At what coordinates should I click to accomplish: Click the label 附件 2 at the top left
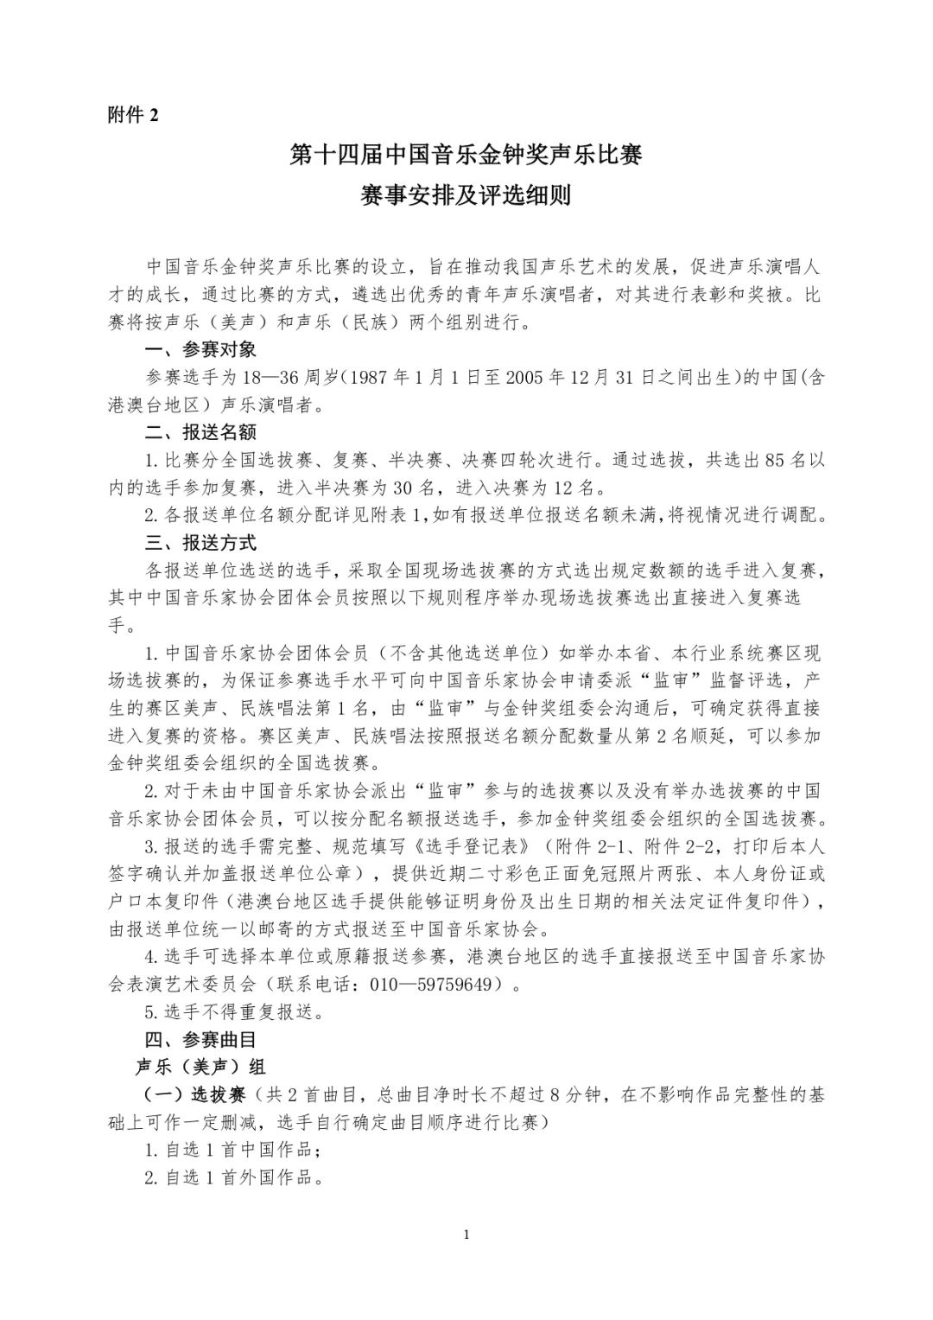tap(133, 115)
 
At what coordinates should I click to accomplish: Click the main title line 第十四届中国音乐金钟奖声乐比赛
tap(466, 156)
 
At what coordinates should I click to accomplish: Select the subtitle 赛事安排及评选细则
tap(466, 196)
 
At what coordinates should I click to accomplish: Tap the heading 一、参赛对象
tap(200, 350)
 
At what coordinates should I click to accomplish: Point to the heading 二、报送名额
tap(200, 431)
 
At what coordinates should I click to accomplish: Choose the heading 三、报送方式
tap(200, 543)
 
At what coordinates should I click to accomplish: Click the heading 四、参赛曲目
tap(200, 1038)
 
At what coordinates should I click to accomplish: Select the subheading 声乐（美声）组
tap(200, 1067)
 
